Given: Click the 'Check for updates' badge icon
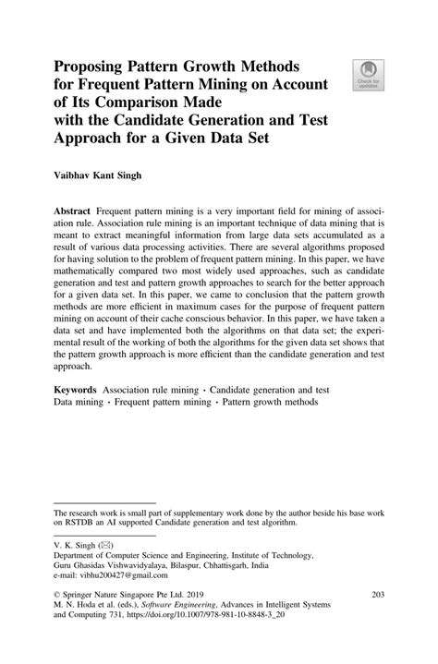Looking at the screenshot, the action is (x=370, y=73).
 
